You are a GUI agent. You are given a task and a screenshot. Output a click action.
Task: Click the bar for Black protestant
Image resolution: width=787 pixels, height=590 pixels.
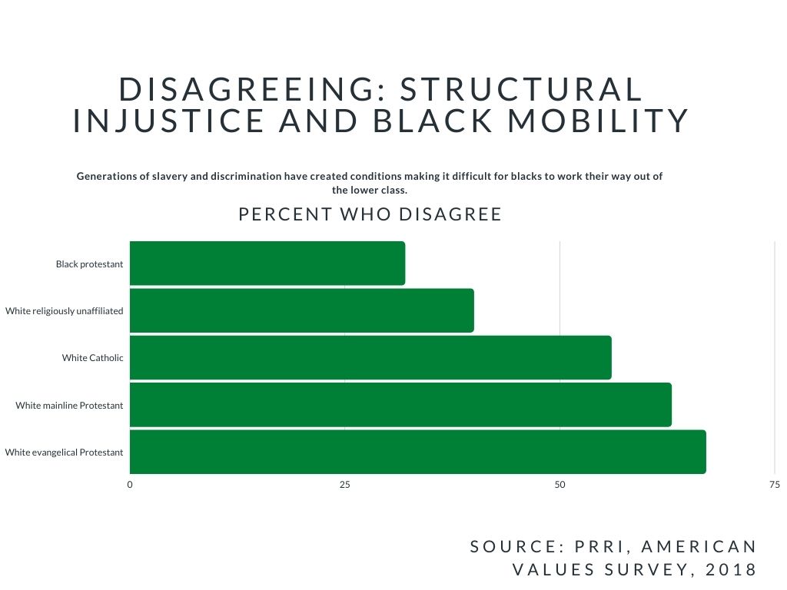tap(267, 264)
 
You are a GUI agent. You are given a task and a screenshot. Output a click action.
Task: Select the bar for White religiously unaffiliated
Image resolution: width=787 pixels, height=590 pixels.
tap(301, 310)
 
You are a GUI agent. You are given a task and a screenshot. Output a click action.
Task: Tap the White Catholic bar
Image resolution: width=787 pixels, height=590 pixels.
tap(370, 357)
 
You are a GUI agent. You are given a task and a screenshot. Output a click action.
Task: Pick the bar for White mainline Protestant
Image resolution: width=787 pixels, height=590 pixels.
tap(400, 405)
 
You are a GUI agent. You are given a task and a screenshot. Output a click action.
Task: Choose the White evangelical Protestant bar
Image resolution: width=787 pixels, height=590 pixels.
tap(417, 452)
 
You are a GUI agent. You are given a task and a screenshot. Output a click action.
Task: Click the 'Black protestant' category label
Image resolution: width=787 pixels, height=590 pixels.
tap(89, 264)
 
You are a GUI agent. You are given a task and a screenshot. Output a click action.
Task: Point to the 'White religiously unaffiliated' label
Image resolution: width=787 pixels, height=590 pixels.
tap(65, 311)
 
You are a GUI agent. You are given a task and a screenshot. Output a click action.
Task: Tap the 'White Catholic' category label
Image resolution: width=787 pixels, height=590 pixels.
tap(92, 358)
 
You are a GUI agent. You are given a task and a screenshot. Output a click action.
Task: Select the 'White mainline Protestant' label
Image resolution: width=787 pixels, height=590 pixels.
tap(69, 406)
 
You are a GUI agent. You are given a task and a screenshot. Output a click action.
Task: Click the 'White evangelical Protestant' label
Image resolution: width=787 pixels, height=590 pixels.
tap(64, 452)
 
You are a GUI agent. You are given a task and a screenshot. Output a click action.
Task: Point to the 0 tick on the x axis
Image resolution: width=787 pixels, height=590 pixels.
tap(130, 485)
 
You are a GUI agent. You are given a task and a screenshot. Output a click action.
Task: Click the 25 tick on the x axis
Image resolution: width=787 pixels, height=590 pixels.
tap(345, 485)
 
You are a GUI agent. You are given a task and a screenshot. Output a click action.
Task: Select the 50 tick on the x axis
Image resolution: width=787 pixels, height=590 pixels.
tap(560, 485)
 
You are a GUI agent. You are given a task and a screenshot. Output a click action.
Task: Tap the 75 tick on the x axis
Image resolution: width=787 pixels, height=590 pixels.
tap(774, 485)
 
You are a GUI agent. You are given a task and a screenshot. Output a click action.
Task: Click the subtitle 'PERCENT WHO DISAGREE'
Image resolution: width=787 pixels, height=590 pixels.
tap(370, 214)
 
